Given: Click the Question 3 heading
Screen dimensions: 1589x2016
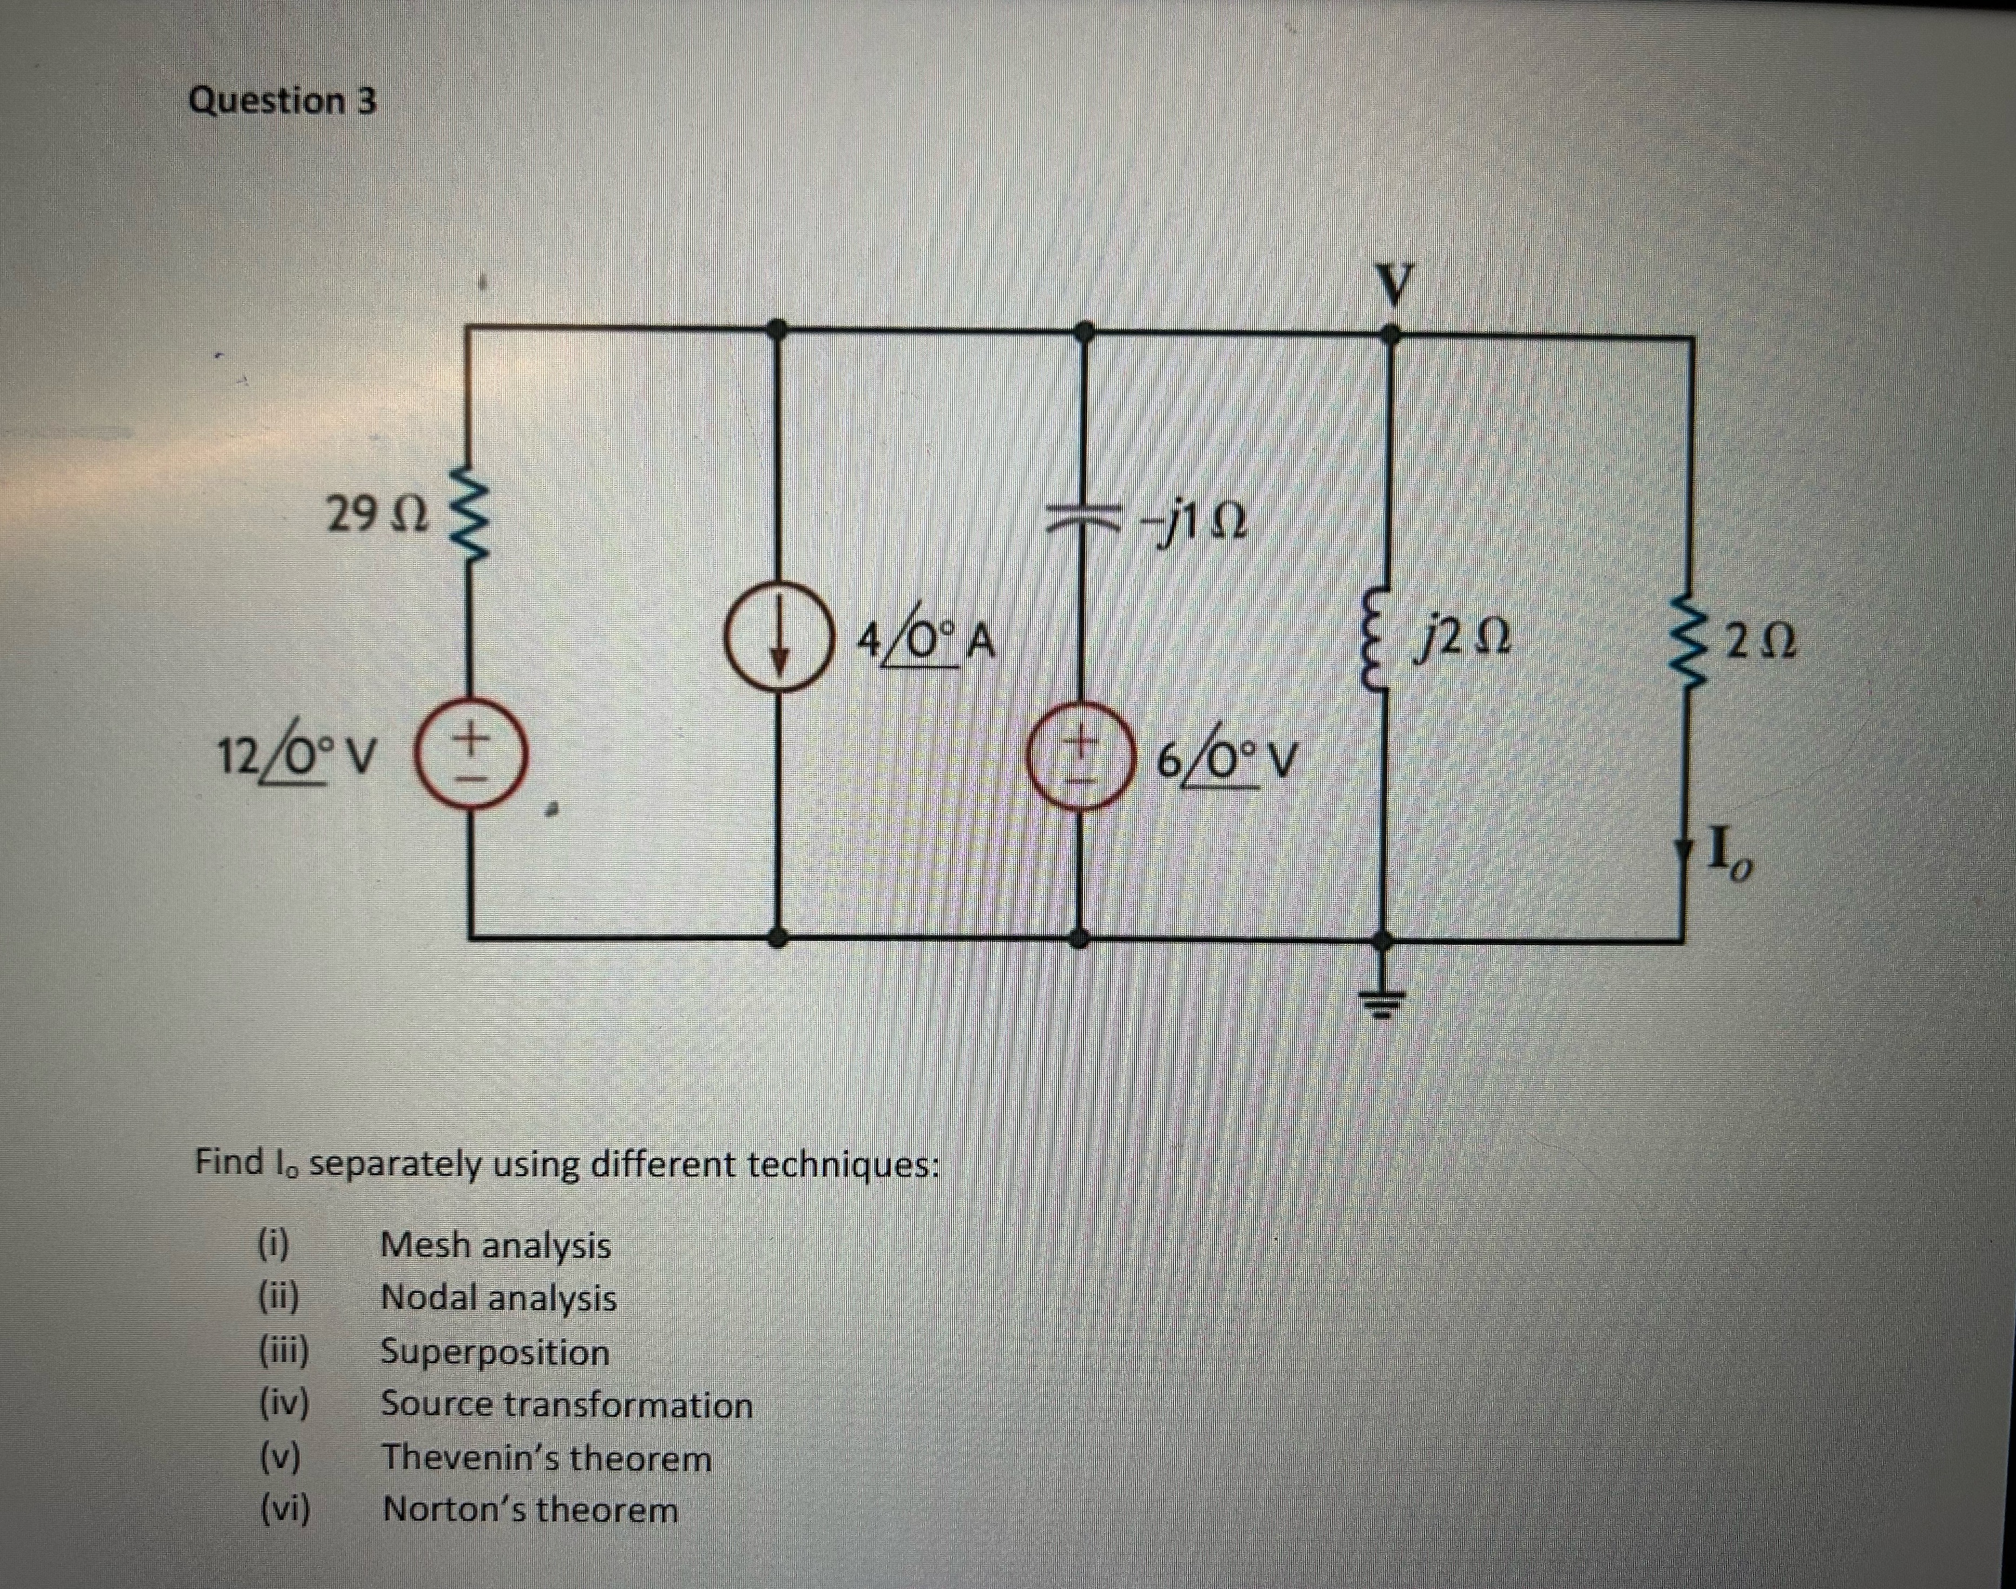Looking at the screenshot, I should click(283, 101).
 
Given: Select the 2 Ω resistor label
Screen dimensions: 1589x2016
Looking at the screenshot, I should click(1759, 642).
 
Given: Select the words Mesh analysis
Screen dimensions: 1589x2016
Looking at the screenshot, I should click(496, 1245).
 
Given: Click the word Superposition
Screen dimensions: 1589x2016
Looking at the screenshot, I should click(495, 1352).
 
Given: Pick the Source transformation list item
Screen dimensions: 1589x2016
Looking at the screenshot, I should click(566, 1405).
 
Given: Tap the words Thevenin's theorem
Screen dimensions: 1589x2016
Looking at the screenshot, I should click(547, 1458).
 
